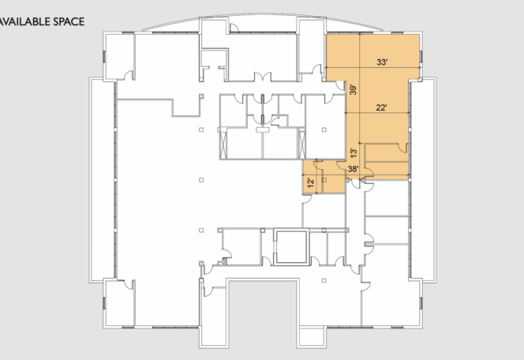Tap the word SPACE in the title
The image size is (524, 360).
tap(69, 22)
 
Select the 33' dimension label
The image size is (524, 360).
tap(382, 62)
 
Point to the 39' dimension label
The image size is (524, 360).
tap(353, 89)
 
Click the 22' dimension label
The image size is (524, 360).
tap(381, 107)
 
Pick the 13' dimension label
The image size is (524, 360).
tap(354, 152)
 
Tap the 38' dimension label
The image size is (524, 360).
tap(353, 169)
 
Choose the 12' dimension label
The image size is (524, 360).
tap(311, 183)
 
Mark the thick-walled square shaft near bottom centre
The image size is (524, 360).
tap(290, 247)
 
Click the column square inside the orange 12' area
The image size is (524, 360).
tap(324, 180)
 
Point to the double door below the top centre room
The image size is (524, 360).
tap(263, 77)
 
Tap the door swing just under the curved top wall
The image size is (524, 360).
tap(234, 28)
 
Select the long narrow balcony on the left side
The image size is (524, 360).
tap(102, 180)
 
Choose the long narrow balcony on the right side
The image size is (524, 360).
tap(423, 180)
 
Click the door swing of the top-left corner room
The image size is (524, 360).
tap(129, 76)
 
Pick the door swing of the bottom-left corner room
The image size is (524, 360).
tap(129, 285)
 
